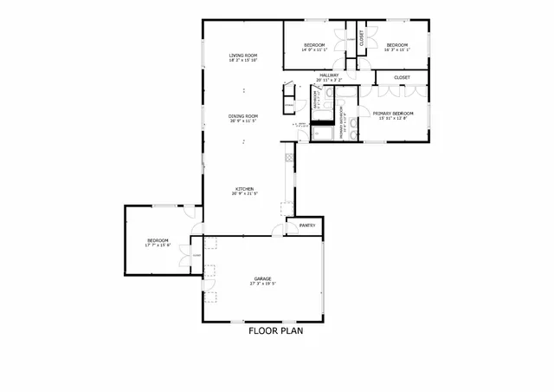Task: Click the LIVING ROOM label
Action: click(243, 56)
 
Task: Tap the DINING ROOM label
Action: click(243, 116)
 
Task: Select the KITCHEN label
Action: click(243, 189)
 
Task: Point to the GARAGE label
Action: click(262, 278)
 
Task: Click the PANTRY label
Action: click(306, 225)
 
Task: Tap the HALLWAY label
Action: click(329, 75)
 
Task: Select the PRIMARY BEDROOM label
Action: click(392, 113)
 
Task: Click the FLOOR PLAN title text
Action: click(275, 330)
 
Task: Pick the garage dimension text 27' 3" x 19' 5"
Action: click(262, 284)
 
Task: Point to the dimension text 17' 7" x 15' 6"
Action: click(157, 245)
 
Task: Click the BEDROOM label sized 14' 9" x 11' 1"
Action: click(313, 45)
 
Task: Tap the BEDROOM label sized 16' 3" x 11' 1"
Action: click(396, 45)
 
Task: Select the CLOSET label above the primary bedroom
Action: click(402, 77)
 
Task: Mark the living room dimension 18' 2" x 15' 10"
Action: click(243, 61)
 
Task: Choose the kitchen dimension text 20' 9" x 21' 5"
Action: click(243, 194)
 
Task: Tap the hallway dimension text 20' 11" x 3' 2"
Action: click(329, 81)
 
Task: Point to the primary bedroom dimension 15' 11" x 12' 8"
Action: click(392, 118)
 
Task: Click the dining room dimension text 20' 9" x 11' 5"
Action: click(243, 121)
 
